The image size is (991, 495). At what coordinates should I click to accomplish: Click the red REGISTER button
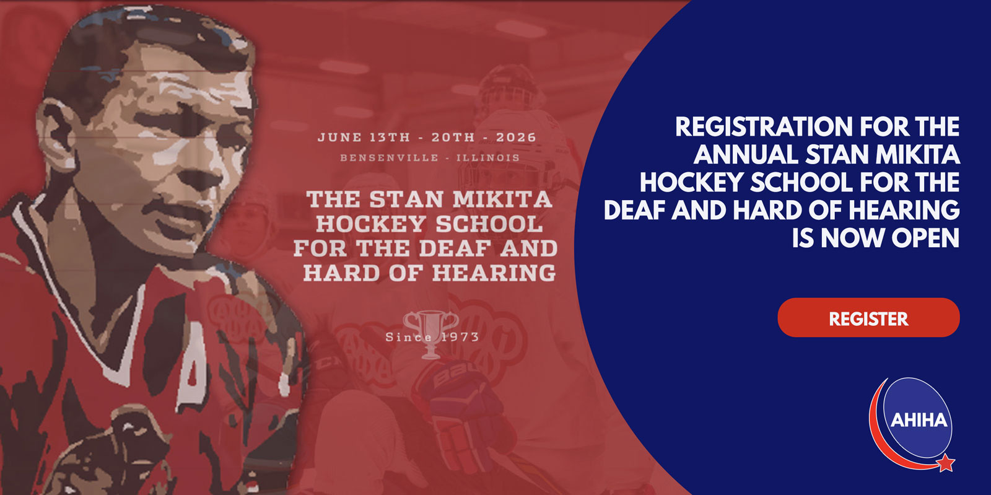868,318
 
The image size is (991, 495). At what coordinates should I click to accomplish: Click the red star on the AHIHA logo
945,463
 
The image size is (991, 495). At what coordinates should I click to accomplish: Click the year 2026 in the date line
516,137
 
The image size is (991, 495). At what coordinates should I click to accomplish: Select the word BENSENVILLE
390,157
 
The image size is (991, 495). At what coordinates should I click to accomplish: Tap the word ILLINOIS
488,157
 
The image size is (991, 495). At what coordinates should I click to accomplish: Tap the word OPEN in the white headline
925,238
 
